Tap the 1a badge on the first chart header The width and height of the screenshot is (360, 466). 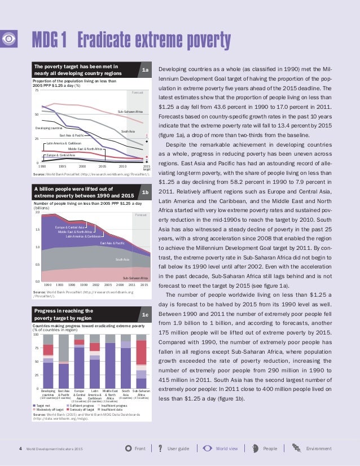point(145,71)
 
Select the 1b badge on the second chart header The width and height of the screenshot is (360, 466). point(145,193)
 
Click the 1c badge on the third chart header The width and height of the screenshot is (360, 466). point(145,314)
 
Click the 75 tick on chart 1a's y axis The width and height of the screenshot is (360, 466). point(37,90)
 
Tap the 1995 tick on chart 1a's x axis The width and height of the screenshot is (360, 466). point(62,167)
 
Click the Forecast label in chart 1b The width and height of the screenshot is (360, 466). point(141,215)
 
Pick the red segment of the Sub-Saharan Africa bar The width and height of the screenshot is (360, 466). point(141,352)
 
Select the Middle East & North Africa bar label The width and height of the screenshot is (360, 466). point(111,394)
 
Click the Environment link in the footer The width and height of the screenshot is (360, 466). point(318,449)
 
